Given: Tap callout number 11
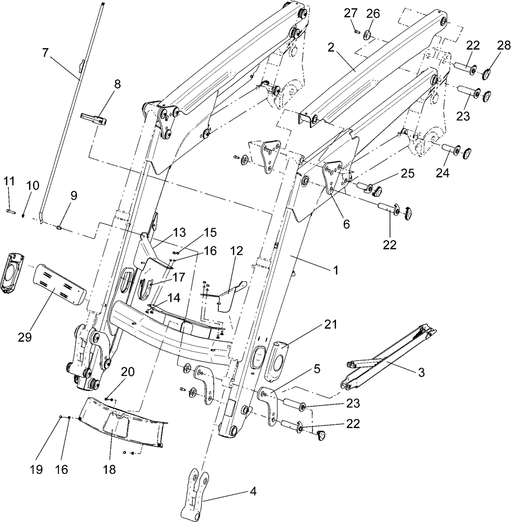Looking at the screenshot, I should click(x=9, y=181).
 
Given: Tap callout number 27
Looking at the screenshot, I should click(x=349, y=14).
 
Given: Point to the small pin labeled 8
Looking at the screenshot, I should click(x=95, y=118).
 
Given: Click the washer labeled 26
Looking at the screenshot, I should click(x=367, y=35).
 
